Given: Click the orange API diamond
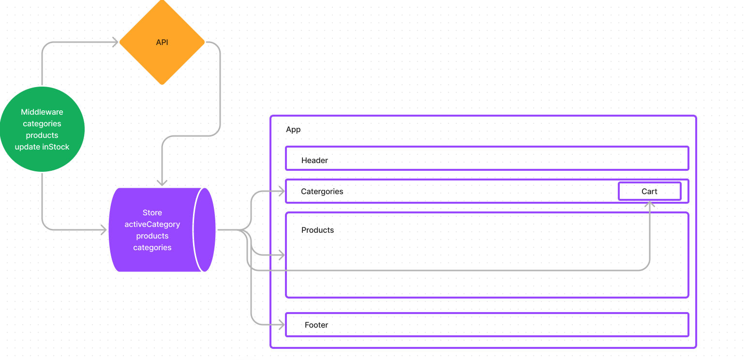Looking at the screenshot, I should (x=162, y=43).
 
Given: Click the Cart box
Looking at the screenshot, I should (x=649, y=191).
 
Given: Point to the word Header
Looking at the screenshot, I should (x=314, y=160).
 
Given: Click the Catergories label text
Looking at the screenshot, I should (x=322, y=191).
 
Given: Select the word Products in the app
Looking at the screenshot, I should (x=317, y=230).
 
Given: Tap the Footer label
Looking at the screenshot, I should (x=316, y=325).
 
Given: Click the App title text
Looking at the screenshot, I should (x=293, y=129).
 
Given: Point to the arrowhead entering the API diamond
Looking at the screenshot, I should (x=115, y=43).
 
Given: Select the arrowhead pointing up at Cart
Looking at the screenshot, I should (x=649, y=204).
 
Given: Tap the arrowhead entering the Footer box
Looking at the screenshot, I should (x=281, y=325).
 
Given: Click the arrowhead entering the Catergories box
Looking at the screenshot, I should (x=281, y=191).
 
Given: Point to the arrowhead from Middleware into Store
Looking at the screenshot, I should (x=104, y=230).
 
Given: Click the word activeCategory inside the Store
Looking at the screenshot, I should (x=152, y=224).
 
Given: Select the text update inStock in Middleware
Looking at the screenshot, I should (x=42, y=147).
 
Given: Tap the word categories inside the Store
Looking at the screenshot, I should (x=152, y=247).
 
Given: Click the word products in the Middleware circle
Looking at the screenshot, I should (x=42, y=135).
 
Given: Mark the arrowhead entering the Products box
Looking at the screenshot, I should (x=281, y=255).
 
